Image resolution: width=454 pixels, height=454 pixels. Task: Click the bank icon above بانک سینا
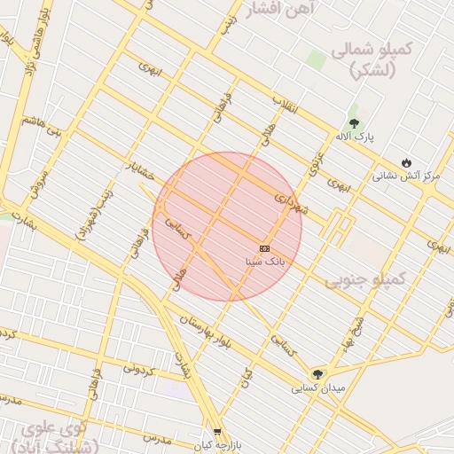(264, 248)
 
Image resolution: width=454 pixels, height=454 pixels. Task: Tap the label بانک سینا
(265, 262)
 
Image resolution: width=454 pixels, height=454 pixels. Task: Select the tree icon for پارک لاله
(355, 123)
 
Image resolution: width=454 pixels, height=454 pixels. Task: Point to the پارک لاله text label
(355, 137)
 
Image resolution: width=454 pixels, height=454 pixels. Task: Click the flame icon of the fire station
(406, 162)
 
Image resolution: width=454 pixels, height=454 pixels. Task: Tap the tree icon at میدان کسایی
(317, 374)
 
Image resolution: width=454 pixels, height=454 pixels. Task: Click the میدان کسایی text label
(317, 388)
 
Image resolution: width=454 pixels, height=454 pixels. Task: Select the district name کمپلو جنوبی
(364, 280)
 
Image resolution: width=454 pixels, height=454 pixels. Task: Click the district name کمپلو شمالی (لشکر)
(372, 60)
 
